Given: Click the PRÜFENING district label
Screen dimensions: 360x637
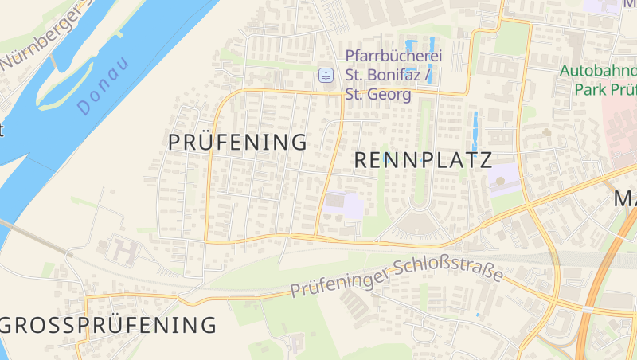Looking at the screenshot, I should click(x=237, y=143).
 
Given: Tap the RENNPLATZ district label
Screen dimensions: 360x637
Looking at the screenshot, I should click(x=422, y=160).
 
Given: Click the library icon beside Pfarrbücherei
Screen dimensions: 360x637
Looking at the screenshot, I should click(x=325, y=76).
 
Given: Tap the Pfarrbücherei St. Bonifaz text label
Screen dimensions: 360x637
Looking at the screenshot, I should click(x=393, y=76).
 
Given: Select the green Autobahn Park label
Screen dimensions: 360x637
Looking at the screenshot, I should click(x=598, y=79).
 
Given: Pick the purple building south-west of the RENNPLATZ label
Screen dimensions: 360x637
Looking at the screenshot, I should click(x=344, y=205).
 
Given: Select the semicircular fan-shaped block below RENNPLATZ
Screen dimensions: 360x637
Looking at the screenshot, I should click(x=419, y=223).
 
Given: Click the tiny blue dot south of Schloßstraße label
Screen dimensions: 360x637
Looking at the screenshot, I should click(x=478, y=315).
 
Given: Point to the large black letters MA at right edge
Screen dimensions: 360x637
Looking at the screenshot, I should click(x=625, y=199).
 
